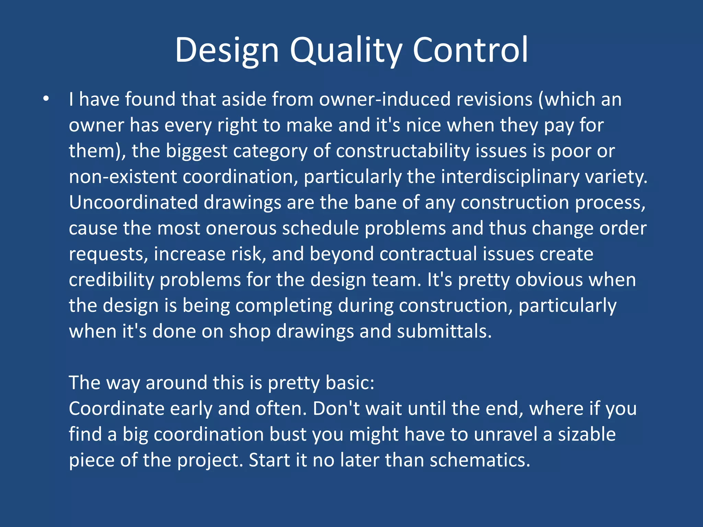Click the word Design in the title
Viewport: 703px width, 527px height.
(x=227, y=50)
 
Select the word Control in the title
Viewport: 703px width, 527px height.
(x=470, y=50)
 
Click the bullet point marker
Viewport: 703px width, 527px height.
(x=46, y=99)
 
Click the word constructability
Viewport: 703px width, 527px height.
(x=403, y=151)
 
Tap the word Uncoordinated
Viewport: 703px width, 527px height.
(x=134, y=202)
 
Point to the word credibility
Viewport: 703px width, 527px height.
(x=112, y=280)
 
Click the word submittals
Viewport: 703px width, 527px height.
(x=445, y=331)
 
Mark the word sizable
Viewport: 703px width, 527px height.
(x=587, y=435)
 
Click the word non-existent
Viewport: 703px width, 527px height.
(x=123, y=177)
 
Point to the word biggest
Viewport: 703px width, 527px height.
(x=197, y=151)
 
